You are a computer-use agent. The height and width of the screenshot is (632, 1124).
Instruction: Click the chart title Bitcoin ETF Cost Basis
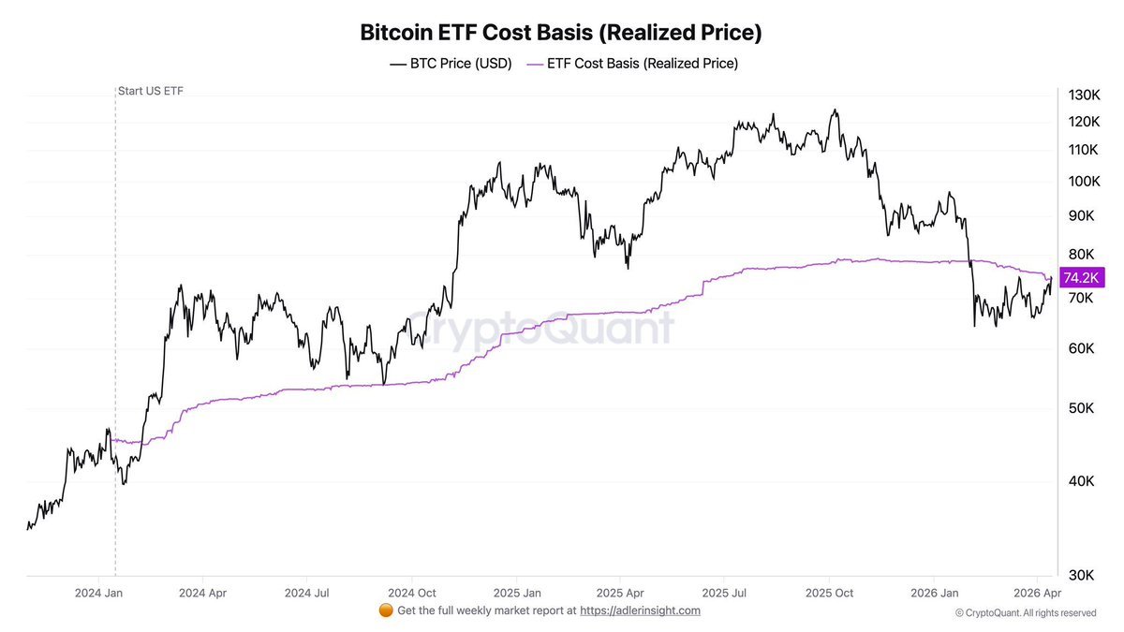[x=561, y=32]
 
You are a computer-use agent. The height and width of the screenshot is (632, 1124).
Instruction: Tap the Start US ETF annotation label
[x=150, y=91]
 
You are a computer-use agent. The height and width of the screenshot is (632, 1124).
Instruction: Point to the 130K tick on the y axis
[x=1083, y=96]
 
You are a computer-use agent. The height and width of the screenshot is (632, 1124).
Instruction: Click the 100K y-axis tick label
[x=1083, y=181]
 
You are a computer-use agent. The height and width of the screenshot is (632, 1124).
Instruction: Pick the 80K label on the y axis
[x=1081, y=254]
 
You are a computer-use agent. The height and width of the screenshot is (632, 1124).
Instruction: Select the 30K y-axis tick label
[x=1081, y=575]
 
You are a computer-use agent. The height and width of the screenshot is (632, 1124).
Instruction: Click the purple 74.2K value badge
[x=1082, y=277]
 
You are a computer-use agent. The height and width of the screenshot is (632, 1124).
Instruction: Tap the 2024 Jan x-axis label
[x=99, y=593]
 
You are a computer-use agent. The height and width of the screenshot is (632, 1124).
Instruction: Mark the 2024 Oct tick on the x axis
[x=412, y=593]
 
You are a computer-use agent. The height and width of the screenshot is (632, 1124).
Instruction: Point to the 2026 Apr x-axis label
[x=1036, y=593]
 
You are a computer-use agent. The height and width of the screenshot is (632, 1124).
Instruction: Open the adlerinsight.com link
[x=640, y=610]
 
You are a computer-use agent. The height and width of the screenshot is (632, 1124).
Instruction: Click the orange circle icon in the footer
[x=385, y=610]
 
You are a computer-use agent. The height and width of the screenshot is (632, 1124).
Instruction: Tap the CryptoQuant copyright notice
[x=1026, y=612]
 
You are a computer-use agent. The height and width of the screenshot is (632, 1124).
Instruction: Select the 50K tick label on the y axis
[x=1081, y=409]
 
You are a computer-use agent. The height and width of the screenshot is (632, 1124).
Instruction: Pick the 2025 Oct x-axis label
[x=831, y=593]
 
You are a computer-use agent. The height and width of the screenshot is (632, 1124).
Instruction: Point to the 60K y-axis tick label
[x=1081, y=349]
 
